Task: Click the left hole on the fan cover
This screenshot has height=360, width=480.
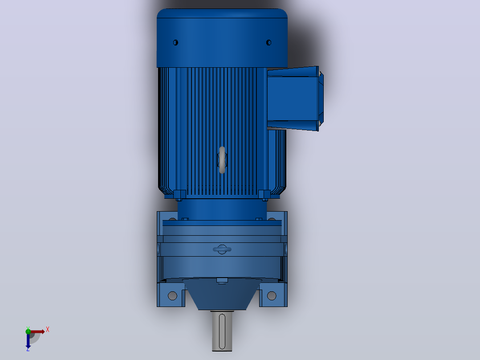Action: (x=175, y=43)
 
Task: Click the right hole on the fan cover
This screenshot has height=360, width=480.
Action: (x=269, y=43)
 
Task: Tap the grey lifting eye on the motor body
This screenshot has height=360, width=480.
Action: (x=222, y=160)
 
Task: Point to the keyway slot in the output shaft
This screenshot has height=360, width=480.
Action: (x=222, y=331)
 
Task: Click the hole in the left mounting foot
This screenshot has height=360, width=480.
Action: (x=173, y=296)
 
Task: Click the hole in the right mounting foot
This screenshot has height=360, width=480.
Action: (x=272, y=296)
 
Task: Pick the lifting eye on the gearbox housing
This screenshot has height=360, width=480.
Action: (x=222, y=250)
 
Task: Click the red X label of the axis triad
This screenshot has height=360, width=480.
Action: (x=48, y=330)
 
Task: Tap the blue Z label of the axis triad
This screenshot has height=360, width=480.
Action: (x=28, y=349)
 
